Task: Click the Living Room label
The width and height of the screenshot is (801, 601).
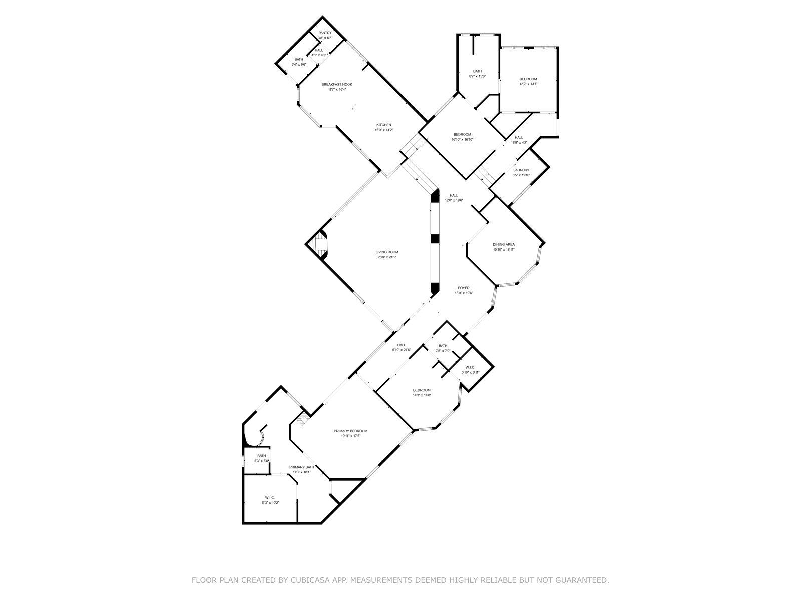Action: pos(387,252)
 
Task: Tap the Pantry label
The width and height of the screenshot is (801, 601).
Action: pos(325,33)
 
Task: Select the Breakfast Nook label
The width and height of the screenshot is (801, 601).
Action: pos(337,84)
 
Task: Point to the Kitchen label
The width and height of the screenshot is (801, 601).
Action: pos(384,125)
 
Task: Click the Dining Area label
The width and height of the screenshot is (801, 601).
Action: pos(503,244)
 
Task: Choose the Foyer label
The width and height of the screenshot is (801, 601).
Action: pos(464,288)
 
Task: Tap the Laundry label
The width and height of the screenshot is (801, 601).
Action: pos(521,170)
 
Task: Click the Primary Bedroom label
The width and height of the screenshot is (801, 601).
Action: pos(350,431)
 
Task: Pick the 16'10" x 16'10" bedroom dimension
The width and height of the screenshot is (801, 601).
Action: pos(462,140)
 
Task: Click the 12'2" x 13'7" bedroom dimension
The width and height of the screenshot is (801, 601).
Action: pos(528,84)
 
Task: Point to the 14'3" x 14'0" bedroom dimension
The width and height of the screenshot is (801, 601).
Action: pos(422,395)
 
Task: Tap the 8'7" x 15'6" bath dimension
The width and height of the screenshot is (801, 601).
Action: pos(477,76)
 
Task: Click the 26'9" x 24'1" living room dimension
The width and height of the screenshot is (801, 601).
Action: pos(387,257)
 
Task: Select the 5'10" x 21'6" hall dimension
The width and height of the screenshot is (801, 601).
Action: pos(402,350)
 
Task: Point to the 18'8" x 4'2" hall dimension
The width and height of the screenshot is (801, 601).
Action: pos(519,143)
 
